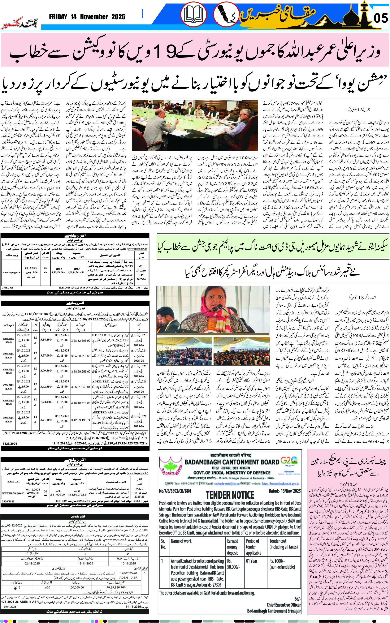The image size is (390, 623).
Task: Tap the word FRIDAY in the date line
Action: [x=58, y=17]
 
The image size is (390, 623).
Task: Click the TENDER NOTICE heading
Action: [x=230, y=495]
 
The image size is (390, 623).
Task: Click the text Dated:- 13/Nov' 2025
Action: [x=285, y=491]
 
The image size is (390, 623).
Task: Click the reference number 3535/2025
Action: [x=8, y=287]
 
